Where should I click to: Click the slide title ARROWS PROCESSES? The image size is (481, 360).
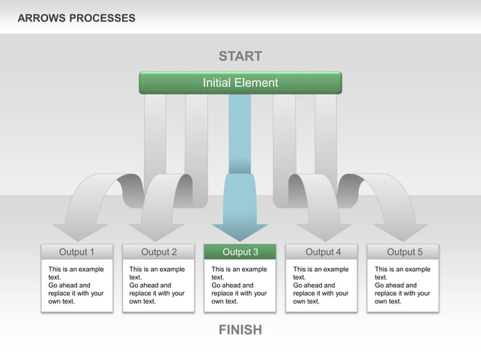(76, 18)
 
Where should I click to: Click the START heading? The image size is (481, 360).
(240, 56)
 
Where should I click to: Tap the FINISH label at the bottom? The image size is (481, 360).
(240, 330)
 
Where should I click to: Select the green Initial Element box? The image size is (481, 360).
(240, 83)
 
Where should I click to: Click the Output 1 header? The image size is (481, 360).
(77, 252)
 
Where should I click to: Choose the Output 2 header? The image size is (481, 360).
(158, 252)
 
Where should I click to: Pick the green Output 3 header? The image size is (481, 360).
(240, 252)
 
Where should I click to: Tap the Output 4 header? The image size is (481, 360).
(323, 252)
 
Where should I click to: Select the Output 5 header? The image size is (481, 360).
(404, 252)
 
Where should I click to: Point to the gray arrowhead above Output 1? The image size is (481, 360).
(80, 230)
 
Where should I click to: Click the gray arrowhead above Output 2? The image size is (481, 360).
(156, 230)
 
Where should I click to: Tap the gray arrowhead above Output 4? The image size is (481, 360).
(324, 230)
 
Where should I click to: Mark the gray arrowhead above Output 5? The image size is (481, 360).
(400, 230)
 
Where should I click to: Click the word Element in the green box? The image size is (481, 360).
(256, 83)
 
